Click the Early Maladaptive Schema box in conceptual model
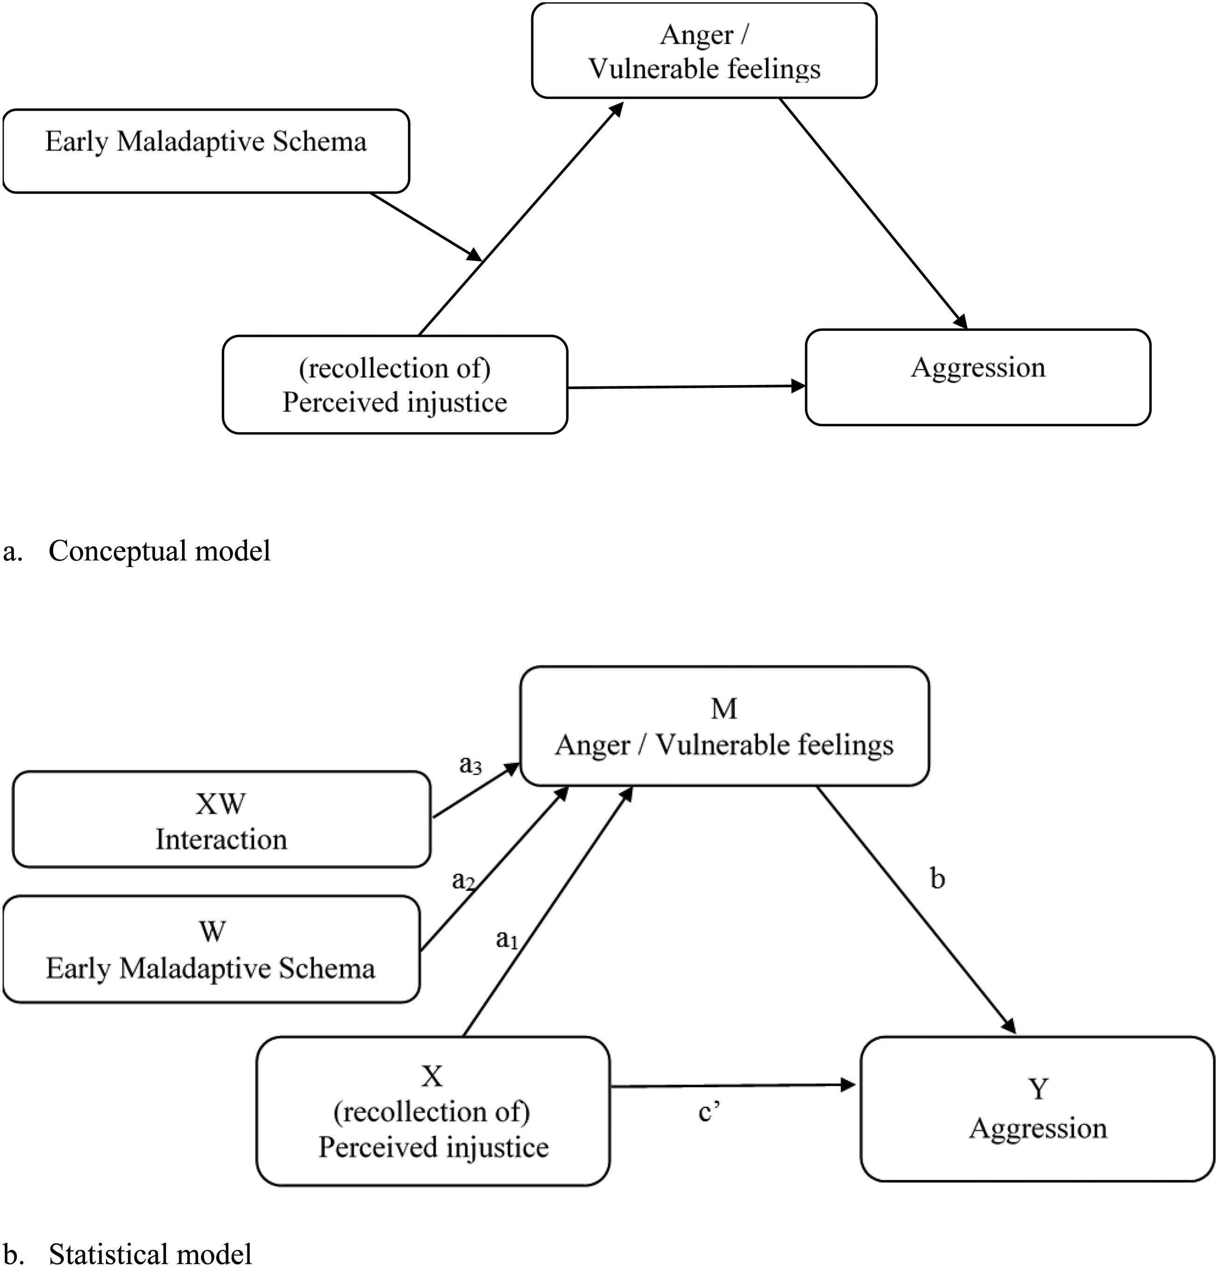tap(206, 151)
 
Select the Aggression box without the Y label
tap(978, 378)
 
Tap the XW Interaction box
tap(222, 819)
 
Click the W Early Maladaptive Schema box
tap(211, 949)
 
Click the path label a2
tap(463, 881)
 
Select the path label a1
tap(507, 938)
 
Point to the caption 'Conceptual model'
tap(160, 551)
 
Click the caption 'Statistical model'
tap(150, 1253)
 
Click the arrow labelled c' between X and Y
tap(733, 1086)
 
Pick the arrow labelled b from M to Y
tap(916, 910)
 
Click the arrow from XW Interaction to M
tap(476, 790)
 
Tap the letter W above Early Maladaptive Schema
tap(212, 931)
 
